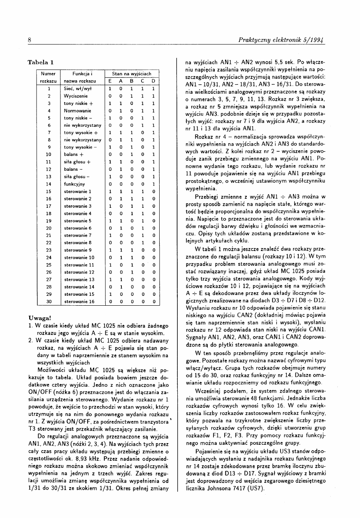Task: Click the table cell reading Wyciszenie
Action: pos(75,95)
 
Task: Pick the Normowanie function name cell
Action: pos(77,110)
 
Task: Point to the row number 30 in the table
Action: pos(49,302)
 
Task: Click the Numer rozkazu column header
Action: pos(49,77)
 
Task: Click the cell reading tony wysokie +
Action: pos(79,132)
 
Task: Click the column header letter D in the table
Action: pos(153,81)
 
